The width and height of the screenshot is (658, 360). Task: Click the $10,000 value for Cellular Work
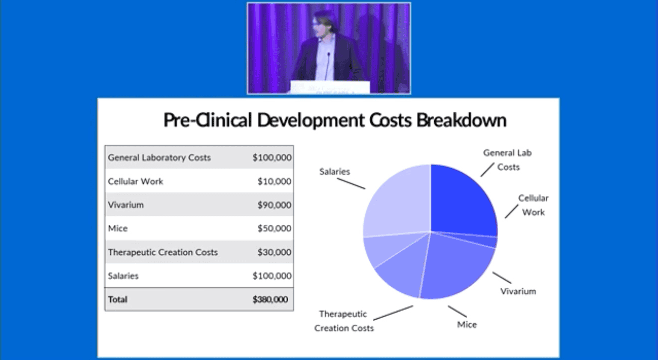coord(274,181)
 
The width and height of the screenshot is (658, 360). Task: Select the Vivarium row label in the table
coord(126,205)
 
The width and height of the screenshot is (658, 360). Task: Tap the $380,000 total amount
coord(270,300)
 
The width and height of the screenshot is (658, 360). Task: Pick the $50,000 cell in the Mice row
coord(274,228)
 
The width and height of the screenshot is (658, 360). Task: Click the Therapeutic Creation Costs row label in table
coord(163,252)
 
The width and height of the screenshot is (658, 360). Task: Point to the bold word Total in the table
coord(118,300)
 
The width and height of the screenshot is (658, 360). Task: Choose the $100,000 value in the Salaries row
coord(272,276)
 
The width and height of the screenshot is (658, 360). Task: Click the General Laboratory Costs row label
coord(159,158)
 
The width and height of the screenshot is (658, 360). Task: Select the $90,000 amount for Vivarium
coord(274,205)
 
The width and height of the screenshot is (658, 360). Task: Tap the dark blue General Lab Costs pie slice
coord(461,203)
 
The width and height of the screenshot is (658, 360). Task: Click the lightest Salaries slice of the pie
coord(399,203)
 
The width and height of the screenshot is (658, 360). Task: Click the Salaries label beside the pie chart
coord(334,172)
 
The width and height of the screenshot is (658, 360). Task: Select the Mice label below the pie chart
coord(467,325)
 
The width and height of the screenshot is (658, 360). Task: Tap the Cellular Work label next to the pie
coord(533,205)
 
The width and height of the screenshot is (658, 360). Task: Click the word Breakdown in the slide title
coord(462,120)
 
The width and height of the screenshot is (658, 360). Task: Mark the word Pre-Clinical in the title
coord(208,120)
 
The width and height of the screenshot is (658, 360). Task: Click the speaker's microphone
coord(327,66)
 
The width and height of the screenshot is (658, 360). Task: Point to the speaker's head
coord(322,24)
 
